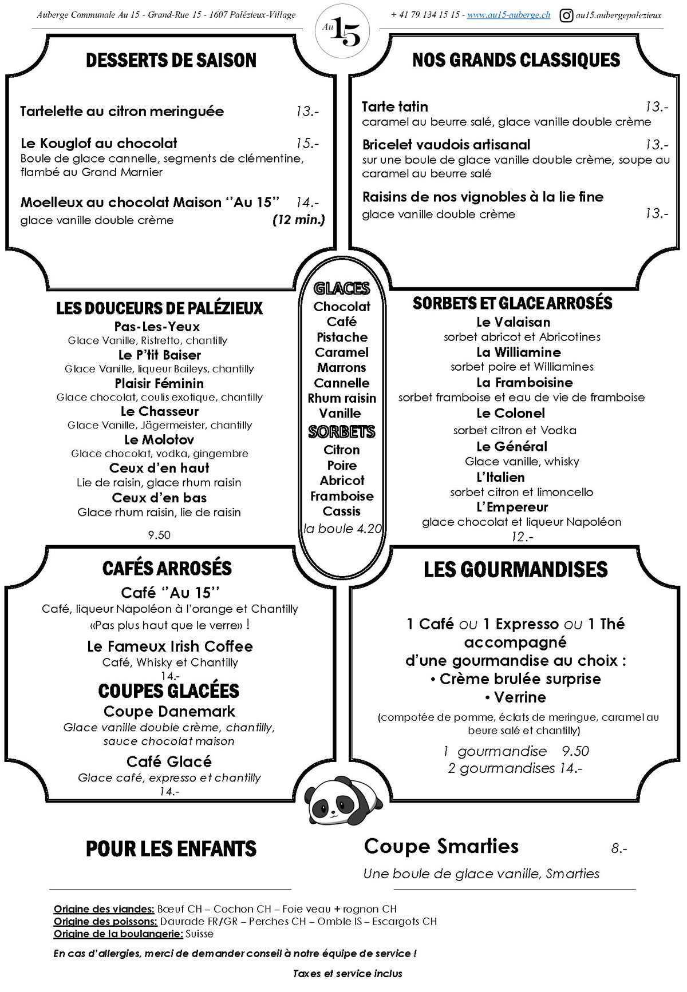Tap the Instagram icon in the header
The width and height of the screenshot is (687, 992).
pyautogui.click(x=566, y=15)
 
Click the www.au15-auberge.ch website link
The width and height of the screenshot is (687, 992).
pyautogui.click(x=508, y=15)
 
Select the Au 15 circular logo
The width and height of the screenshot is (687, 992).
pyautogui.click(x=342, y=31)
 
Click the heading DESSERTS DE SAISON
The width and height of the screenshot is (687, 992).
pyautogui.click(x=171, y=61)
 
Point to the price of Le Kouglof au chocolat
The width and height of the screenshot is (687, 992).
pyautogui.click(x=307, y=143)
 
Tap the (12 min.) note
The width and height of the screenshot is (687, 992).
pyautogui.click(x=298, y=220)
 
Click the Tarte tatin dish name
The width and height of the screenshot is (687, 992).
pyautogui.click(x=395, y=107)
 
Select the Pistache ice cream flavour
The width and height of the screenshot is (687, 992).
pyautogui.click(x=342, y=338)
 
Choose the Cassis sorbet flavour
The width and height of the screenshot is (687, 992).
pyautogui.click(x=342, y=511)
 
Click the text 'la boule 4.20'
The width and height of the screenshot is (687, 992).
pyautogui.click(x=342, y=529)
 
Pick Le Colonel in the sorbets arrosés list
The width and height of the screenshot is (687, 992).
pyautogui.click(x=511, y=413)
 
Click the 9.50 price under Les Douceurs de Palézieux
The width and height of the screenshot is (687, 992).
pyautogui.click(x=159, y=535)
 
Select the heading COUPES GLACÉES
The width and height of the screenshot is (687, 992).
pyautogui.click(x=169, y=691)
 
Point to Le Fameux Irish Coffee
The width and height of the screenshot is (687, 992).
pyautogui.click(x=170, y=646)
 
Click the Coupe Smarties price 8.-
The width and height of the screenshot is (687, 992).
pyautogui.click(x=619, y=848)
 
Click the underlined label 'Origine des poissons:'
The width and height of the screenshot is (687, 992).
pyautogui.click(x=105, y=921)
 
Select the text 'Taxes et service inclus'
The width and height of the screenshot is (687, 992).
pyautogui.click(x=348, y=973)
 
